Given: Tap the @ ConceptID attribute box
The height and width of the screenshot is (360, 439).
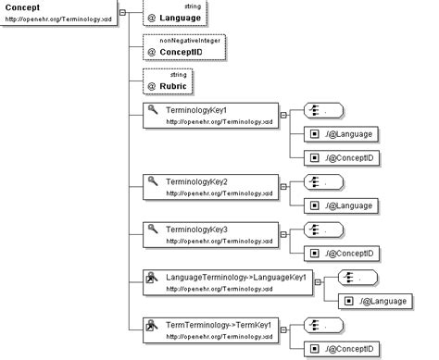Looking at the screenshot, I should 184,48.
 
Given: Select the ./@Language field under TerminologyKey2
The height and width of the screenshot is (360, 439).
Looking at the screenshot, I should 343,205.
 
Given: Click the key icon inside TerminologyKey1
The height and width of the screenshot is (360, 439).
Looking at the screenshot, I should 154,110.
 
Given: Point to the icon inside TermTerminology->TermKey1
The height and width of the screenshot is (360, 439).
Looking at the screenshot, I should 154,325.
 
